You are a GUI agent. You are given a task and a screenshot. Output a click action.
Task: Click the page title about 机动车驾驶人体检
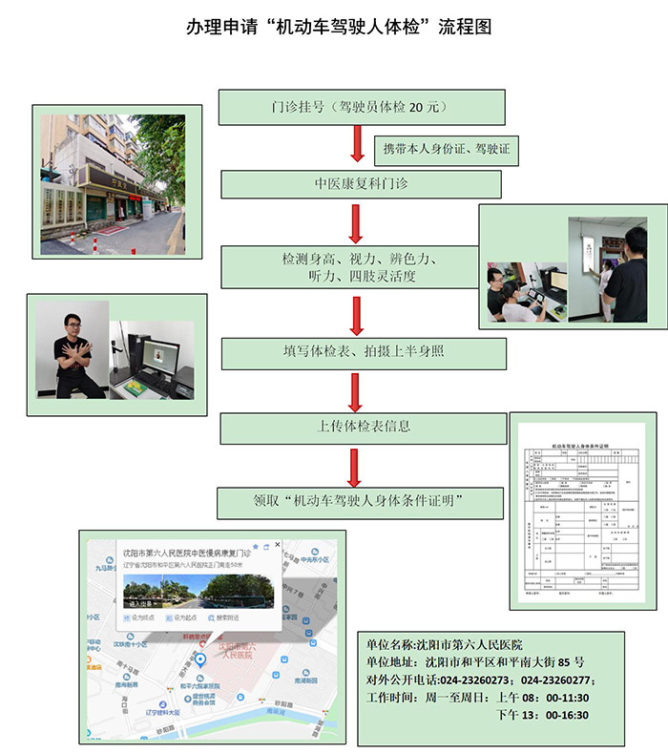pos(339,27)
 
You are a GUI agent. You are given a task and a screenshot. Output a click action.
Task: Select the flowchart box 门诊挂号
pos(347,107)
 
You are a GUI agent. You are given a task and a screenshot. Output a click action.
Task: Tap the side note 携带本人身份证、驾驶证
pos(447,149)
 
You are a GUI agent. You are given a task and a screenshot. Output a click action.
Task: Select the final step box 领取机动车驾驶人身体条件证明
pos(359,500)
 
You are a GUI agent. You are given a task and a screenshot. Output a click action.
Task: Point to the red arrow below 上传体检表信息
pos(355,466)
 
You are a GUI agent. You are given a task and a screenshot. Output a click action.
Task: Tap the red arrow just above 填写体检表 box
pos(356,316)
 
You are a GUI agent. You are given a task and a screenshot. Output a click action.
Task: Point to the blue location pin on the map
pos(200,661)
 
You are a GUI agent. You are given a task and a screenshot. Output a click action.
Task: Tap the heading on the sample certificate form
pos(581,446)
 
